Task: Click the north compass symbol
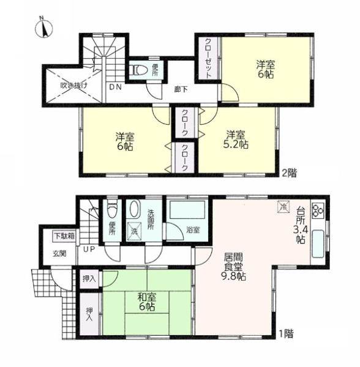coord(43,28)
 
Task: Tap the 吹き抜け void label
coord(74,86)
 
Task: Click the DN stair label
coord(116,87)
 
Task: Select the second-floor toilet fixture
coord(138,70)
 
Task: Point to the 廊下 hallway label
coord(181,89)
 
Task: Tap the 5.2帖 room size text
coord(236,144)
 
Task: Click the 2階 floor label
coord(289,173)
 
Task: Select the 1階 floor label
coord(286,333)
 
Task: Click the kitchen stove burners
coord(318,210)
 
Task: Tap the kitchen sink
coord(318,244)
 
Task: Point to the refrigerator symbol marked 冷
coord(283,207)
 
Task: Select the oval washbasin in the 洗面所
coord(135,209)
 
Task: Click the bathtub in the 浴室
coord(187,210)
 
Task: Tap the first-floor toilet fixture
coord(112,209)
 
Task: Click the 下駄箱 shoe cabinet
coord(64,236)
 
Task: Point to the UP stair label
coord(89,250)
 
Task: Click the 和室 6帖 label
coord(146,302)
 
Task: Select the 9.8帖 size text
coord(233,276)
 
